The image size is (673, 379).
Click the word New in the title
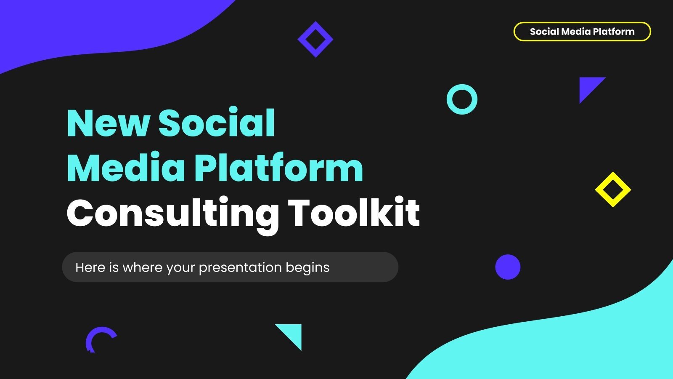click(x=108, y=123)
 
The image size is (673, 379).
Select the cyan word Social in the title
click(x=217, y=123)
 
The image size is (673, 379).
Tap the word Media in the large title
click(x=126, y=168)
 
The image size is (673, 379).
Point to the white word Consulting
click(x=172, y=214)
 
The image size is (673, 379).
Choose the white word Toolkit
click(x=354, y=213)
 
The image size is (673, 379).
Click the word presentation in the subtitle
click(x=240, y=268)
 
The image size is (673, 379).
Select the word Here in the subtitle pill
click(x=90, y=267)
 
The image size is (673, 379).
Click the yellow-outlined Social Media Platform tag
click(x=582, y=32)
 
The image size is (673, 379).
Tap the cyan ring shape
click(x=462, y=90)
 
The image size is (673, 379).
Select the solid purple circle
click(x=508, y=267)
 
